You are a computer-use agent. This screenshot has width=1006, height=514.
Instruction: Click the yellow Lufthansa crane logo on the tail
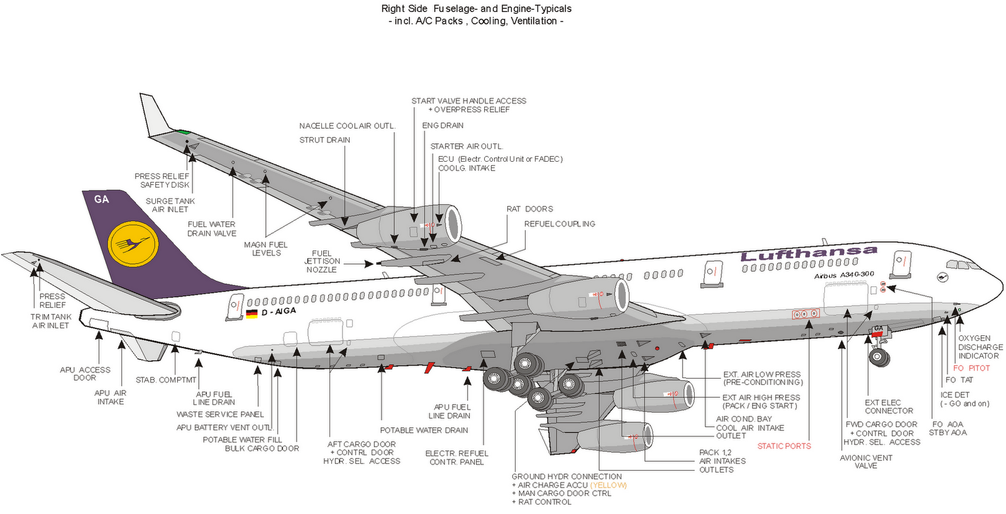click(132, 244)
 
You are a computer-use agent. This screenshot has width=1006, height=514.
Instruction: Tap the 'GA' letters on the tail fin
click(101, 199)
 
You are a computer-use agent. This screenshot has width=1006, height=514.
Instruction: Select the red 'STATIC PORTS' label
click(784, 446)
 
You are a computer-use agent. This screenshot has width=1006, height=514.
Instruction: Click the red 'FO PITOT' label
click(971, 368)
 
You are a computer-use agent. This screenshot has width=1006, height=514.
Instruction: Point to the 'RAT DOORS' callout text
click(529, 209)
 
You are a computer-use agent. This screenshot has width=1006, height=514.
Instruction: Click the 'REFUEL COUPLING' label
click(560, 224)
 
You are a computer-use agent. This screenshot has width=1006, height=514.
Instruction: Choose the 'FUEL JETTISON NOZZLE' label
click(322, 261)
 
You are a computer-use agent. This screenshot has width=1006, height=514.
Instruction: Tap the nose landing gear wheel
click(879, 358)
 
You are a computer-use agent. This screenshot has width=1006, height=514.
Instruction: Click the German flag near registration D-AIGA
click(251, 314)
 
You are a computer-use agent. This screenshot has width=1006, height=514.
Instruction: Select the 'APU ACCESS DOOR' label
click(85, 374)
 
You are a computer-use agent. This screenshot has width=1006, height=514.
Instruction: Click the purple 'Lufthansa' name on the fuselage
click(808, 254)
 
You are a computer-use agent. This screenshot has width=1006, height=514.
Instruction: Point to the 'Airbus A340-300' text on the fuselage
click(844, 275)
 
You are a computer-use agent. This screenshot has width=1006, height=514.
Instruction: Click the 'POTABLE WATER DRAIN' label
click(424, 430)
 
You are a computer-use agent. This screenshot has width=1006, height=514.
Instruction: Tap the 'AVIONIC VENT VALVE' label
click(866, 462)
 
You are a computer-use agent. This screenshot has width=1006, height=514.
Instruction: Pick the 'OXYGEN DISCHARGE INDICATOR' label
click(980, 347)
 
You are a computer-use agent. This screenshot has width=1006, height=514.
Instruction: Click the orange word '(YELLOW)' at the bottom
click(608, 485)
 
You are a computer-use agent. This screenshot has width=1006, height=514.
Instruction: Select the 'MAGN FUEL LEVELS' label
click(265, 249)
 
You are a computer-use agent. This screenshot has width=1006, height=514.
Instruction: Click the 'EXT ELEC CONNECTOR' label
click(888, 406)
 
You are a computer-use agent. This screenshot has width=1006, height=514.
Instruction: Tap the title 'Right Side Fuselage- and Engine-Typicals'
click(476, 9)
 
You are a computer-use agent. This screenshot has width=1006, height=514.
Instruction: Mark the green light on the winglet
click(183, 132)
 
